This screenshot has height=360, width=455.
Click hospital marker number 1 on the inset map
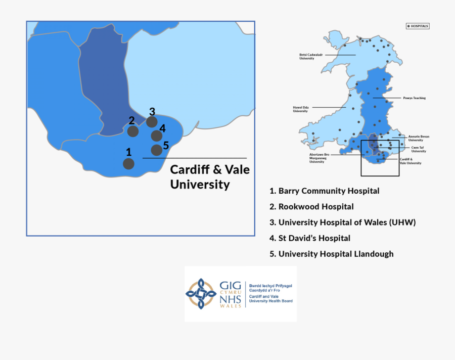[129, 163]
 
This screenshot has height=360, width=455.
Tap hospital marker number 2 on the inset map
[132, 131]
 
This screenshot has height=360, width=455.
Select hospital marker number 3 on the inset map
[152, 121]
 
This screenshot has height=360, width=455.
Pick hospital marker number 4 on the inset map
[157, 136]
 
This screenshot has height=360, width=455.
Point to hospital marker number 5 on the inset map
[157, 150]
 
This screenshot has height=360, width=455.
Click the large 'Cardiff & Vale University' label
[210, 176]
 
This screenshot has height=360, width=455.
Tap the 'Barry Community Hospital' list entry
[325, 191]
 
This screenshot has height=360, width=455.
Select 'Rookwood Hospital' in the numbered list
[312, 206]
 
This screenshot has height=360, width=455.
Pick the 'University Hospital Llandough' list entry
[332, 254]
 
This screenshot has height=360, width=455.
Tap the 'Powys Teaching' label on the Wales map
[414, 98]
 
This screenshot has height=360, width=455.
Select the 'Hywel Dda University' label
[300, 109]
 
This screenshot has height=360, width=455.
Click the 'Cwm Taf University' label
[419, 149]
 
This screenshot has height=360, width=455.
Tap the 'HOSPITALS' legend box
[418, 25]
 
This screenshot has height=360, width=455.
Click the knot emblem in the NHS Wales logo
[201, 294]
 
